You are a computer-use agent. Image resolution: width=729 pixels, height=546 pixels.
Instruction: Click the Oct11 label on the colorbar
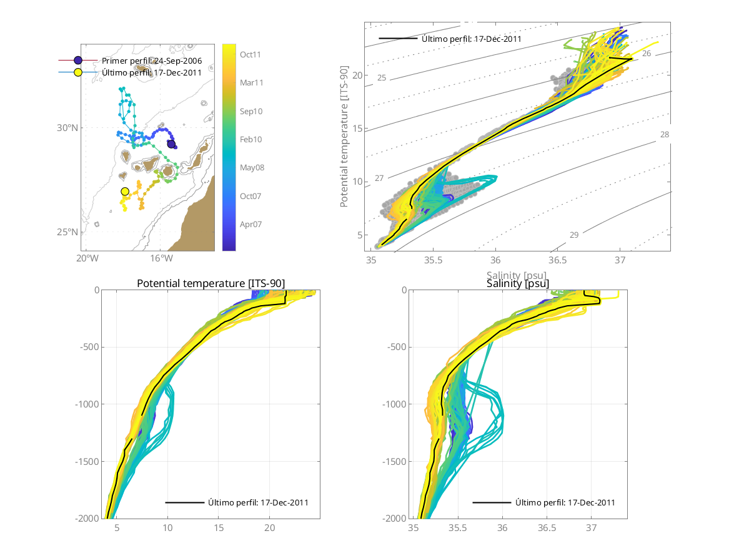(x=250, y=54)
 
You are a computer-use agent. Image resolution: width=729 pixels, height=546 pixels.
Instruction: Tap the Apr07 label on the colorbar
(x=250, y=223)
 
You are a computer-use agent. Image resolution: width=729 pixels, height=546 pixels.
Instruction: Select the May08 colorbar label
(x=250, y=167)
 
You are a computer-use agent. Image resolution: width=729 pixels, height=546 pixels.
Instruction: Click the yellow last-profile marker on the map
(x=125, y=192)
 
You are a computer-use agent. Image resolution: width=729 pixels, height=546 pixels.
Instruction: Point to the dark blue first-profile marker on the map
(x=171, y=144)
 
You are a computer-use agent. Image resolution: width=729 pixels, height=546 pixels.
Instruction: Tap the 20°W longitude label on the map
(x=88, y=258)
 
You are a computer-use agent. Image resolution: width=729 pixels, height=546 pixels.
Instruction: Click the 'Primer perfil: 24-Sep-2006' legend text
(x=152, y=61)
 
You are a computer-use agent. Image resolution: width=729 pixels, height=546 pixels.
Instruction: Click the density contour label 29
(x=574, y=235)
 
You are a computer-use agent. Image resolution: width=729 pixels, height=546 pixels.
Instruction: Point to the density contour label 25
(x=382, y=78)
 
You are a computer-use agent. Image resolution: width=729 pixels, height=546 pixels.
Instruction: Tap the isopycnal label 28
(x=664, y=135)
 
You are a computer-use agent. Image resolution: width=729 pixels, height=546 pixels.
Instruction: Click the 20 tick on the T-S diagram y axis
(x=357, y=76)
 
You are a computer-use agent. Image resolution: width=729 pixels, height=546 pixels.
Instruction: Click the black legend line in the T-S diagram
(x=397, y=39)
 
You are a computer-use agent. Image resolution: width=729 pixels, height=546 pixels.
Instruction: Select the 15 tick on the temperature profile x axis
(x=219, y=528)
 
